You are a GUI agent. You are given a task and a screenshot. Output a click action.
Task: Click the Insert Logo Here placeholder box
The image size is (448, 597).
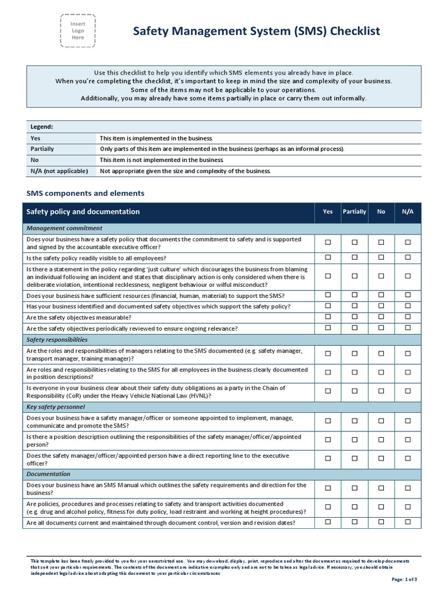tap(78, 30)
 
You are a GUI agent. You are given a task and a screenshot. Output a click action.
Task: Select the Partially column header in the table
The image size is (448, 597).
tap(354, 212)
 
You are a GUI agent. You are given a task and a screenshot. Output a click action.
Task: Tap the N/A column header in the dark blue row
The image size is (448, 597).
tap(408, 212)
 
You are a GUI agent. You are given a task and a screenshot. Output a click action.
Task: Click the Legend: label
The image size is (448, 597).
tap(41, 127)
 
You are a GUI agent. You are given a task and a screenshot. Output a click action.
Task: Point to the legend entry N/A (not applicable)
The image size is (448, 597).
tap(59, 171)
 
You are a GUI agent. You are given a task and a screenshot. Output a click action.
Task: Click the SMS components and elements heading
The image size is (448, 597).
tap(86, 193)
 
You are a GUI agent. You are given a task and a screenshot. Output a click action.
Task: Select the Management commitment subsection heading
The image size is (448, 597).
tap(64, 228)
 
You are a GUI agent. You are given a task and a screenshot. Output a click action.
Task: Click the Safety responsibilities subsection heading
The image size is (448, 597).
tap(57, 339)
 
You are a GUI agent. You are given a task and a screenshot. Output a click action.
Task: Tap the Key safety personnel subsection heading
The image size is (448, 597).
tap(55, 406)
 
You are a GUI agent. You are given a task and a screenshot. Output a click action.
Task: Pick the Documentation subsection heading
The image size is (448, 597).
tap(48, 474)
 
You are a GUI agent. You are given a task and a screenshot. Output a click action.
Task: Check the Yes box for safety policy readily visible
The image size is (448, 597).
tap(328, 257)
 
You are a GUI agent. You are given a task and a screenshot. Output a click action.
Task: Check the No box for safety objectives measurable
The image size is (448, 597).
tap(381, 317)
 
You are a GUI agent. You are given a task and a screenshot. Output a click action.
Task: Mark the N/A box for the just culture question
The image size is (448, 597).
tap(408, 276)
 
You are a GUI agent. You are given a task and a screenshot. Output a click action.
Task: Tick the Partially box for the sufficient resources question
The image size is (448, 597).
tap(354, 295)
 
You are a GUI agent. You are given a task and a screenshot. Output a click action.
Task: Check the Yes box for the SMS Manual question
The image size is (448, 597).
tap(328, 489)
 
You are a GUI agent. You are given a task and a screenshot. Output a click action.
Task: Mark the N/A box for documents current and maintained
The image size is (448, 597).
tap(408, 522)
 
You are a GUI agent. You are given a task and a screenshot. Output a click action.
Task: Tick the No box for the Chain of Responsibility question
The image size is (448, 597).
tap(381, 391)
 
